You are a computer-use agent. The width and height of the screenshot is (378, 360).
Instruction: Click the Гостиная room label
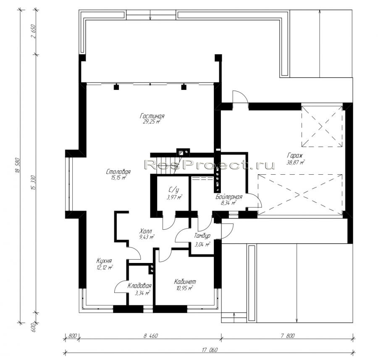pyautogui.click(x=152, y=116)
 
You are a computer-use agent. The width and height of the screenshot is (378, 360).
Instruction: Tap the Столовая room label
pyautogui.click(x=118, y=172)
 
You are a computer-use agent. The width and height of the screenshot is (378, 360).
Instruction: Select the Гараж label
pyautogui.click(x=295, y=155)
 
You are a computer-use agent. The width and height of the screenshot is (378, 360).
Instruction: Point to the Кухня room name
pyautogui.click(x=104, y=261)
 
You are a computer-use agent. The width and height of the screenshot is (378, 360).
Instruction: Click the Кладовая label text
pyautogui.click(x=139, y=286)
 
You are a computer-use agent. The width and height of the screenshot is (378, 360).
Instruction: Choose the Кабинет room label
pyautogui.click(x=185, y=281)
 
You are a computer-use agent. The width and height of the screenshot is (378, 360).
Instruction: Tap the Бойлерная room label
pyautogui.click(x=229, y=197)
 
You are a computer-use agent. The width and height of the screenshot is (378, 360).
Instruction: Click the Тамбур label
pyautogui.click(x=202, y=236)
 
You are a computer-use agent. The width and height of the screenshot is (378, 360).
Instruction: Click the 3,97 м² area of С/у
pyautogui.click(x=174, y=197)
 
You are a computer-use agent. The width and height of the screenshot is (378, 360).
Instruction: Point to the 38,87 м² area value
pyautogui.click(x=295, y=162)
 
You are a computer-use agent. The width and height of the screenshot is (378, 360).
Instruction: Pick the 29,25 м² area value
pyautogui.click(x=152, y=122)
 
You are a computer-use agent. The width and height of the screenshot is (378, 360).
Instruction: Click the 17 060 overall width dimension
pyautogui.click(x=210, y=350)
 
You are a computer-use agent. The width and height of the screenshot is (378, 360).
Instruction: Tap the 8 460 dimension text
pyautogui.click(x=151, y=336)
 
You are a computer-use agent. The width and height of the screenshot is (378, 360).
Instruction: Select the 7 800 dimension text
pyautogui.click(x=287, y=336)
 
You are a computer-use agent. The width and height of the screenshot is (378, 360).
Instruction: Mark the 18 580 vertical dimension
pyautogui.click(x=17, y=166)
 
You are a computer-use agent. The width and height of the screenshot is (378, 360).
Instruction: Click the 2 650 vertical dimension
pyautogui.click(x=33, y=31)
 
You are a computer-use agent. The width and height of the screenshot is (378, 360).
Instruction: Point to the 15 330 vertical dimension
pyautogui.click(x=33, y=183)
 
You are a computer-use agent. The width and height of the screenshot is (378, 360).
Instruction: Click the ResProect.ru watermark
pyautogui.click(x=210, y=165)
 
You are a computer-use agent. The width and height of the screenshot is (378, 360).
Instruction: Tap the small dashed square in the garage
pyautogui.click(x=322, y=126)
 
